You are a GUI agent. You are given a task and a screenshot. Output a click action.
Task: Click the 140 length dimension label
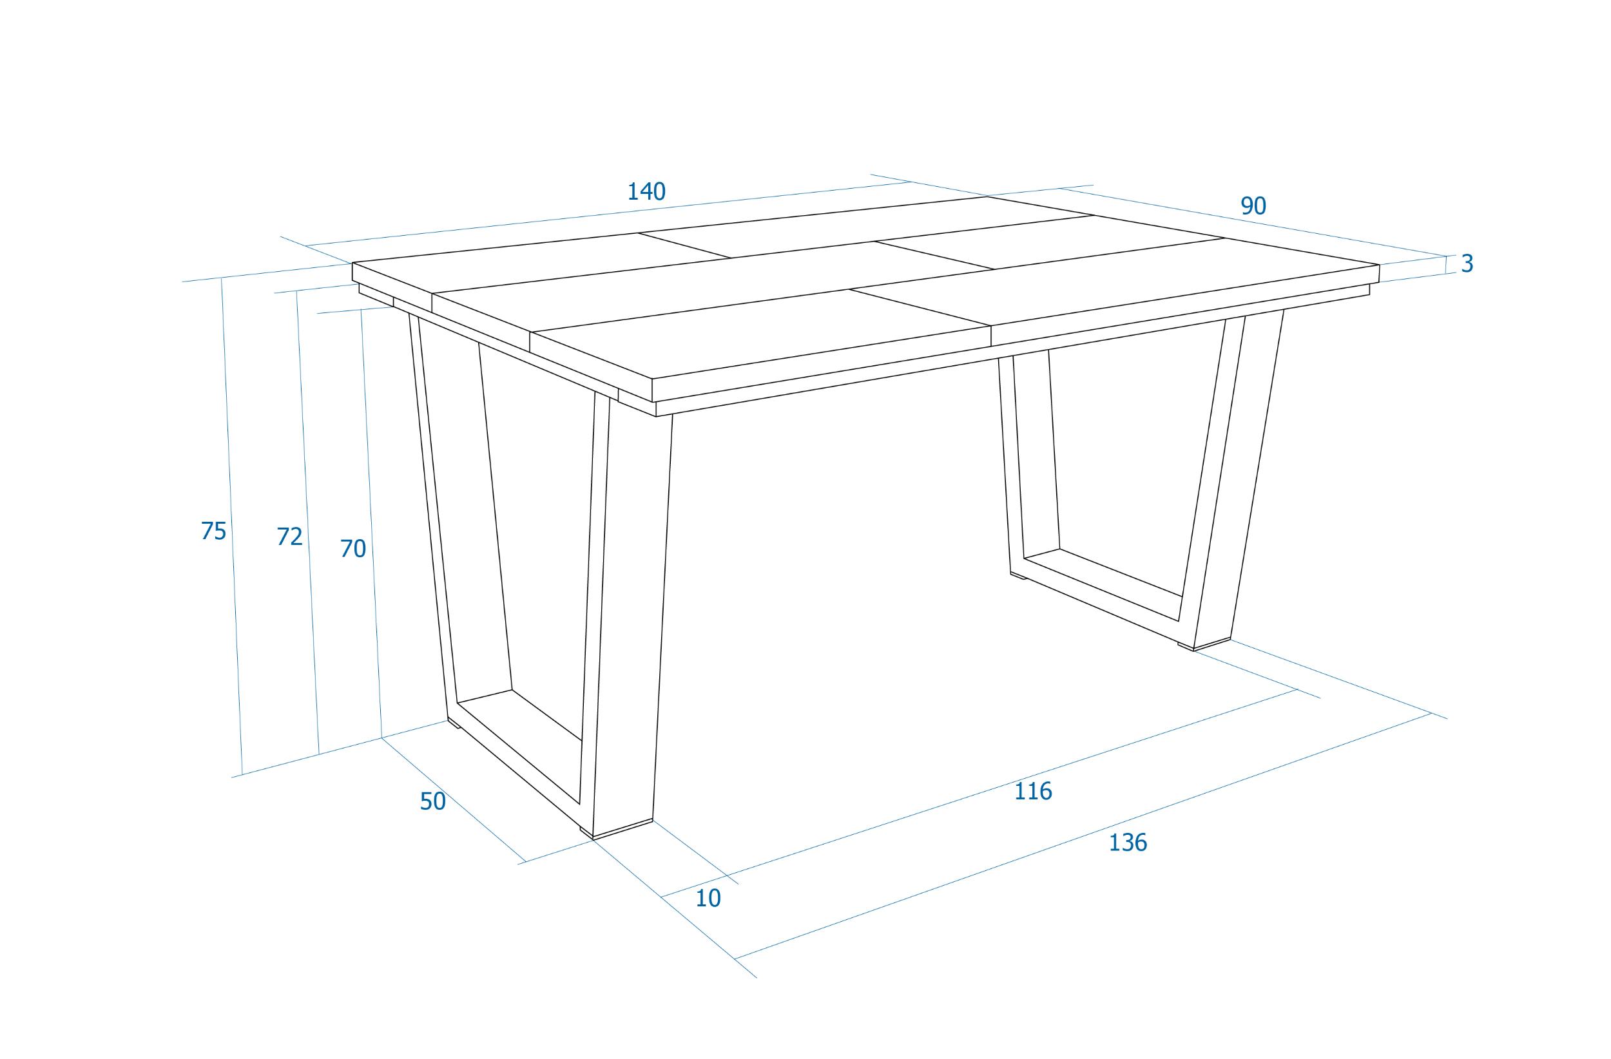click(646, 191)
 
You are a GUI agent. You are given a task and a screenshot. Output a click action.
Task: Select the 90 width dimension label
click(1253, 205)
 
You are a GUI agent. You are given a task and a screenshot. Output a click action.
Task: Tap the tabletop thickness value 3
click(1467, 263)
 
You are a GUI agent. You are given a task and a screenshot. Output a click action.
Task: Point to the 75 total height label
click(213, 531)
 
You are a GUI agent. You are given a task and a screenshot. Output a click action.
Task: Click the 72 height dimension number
click(290, 536)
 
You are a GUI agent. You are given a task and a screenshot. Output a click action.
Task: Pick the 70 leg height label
click(352, 548)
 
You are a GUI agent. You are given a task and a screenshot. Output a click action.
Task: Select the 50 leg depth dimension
click(432, 801)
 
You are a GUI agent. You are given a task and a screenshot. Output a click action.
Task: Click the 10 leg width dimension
click(708, 898)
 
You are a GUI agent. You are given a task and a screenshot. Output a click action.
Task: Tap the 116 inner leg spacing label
click(1033, 791)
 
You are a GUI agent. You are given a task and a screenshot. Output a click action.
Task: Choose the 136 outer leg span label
click(1128, 843)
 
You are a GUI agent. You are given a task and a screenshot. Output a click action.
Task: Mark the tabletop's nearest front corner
click(652, 379)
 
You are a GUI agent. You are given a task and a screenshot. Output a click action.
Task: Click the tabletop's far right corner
click(1380, 265)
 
